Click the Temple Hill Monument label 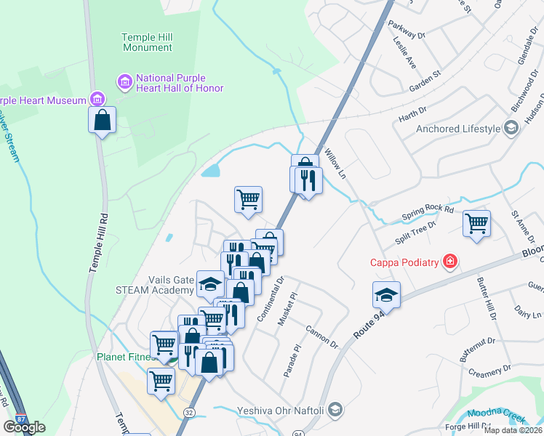pyautogui.click(x=147, y=42)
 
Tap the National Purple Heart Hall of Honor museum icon pyautogui.click(x=124, y=81)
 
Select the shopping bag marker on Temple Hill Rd pyautogui.click(x=103, y=120)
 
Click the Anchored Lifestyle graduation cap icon pyautogui.click(x=511, y=129)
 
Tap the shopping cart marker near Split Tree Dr pyautogui.click(x=476, y=223)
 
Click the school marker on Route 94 pyautogui.click(x=386, y=294)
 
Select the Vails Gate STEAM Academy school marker pyautogui.click(x=211, y=283)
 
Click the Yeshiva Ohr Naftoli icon pyautogui.click(x=335, y=410)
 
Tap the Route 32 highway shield pyautogui.click(x=189, y=412)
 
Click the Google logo pyautogui.click(x=23, y=427)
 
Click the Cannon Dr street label pyautogui.click(x=322, y=335)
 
